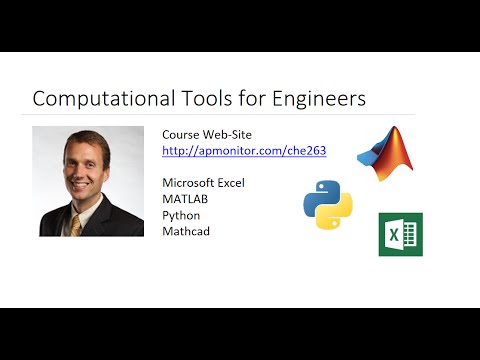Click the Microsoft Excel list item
(203, 183)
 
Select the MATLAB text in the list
(186, 199)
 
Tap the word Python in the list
(182, 215)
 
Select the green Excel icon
(400, 234)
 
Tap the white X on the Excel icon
(394, 235)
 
